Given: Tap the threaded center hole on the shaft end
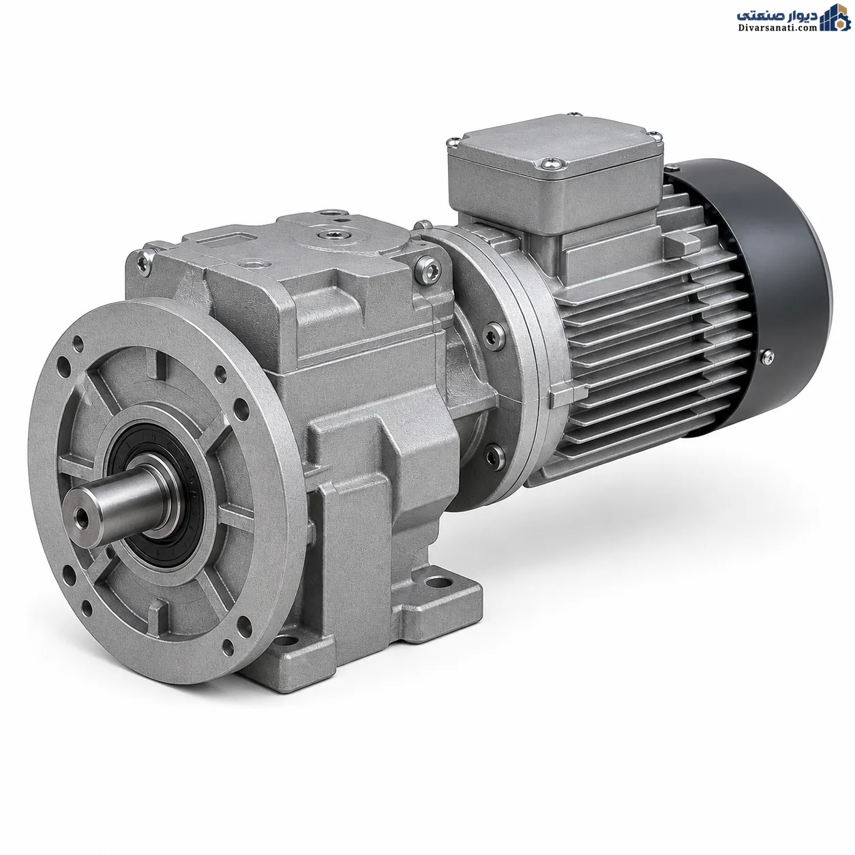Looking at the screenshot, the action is [82, 516].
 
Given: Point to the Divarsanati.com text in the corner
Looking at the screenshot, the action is [777, 28].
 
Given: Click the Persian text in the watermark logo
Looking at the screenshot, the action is [777, 15].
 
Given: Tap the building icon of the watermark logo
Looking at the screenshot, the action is [835, 18].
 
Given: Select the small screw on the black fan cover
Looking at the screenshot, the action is [767, 357].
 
